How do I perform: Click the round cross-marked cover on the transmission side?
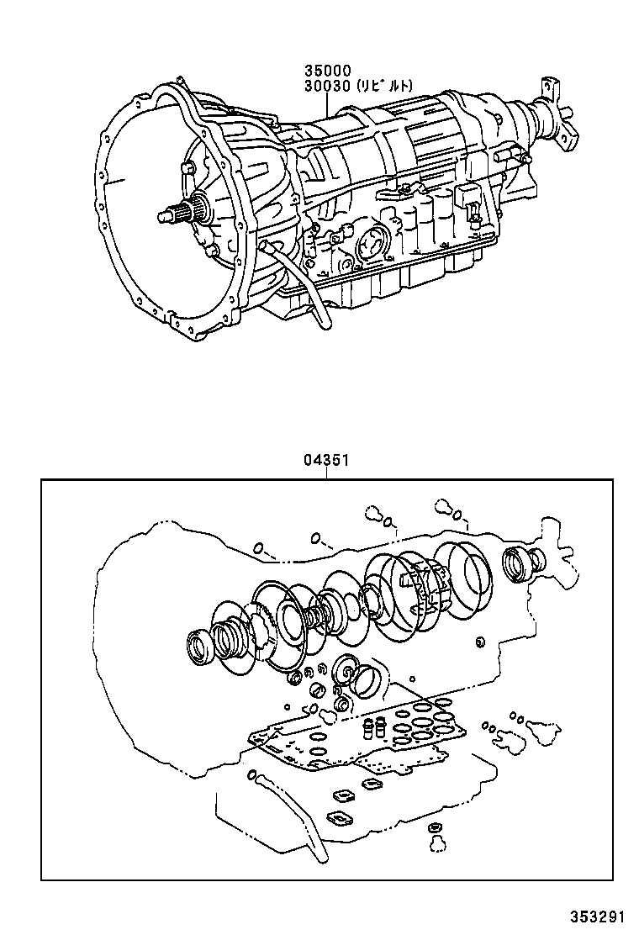(x=370, y=245)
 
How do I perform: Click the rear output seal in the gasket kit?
(x=517, y=561)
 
